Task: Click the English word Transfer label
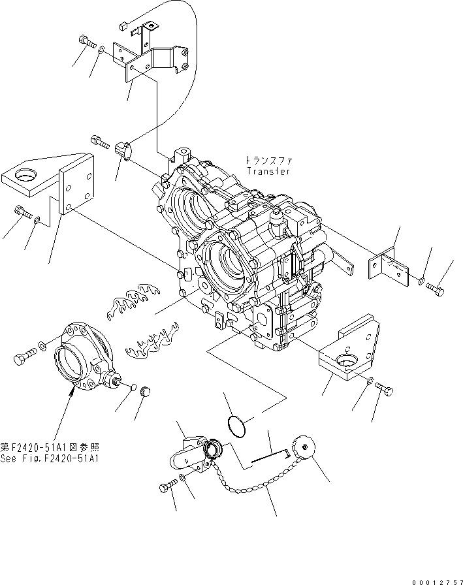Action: (268, 171)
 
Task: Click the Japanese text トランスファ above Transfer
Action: (268, 160)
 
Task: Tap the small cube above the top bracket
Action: (123, 26)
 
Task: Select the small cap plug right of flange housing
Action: (145, 392)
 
